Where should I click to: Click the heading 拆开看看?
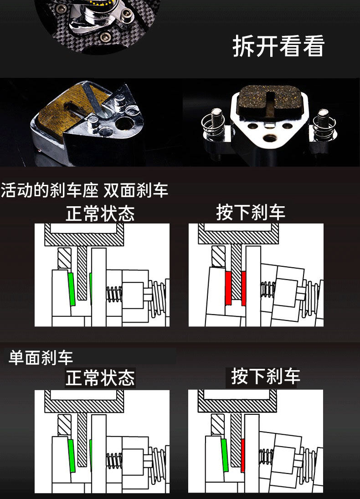pos(278,46)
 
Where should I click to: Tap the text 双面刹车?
pos(136,190)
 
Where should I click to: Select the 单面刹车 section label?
pos(41,357)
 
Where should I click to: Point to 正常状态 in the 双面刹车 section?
pos(100,214)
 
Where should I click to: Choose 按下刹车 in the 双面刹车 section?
pos(251,212)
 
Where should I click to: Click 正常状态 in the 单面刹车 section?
pos(100,378)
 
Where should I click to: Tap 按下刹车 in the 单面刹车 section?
pos(265,377)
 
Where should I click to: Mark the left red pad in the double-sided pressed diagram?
pos(228,288)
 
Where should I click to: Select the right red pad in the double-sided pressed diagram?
pos(244,288)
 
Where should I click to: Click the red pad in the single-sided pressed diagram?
pos(242,455)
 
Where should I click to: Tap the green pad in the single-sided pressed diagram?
pos(224,455)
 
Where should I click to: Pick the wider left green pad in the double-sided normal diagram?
pos(71,289)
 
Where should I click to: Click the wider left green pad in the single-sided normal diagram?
pos(71,455)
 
